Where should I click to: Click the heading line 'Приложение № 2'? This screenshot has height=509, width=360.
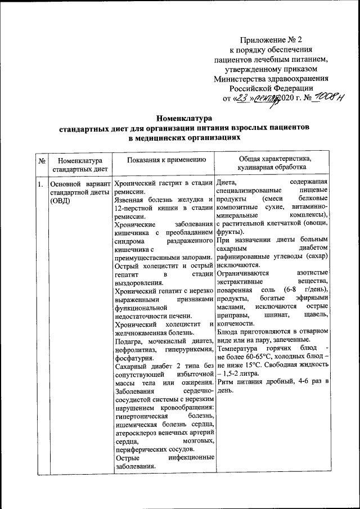(271, 40)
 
